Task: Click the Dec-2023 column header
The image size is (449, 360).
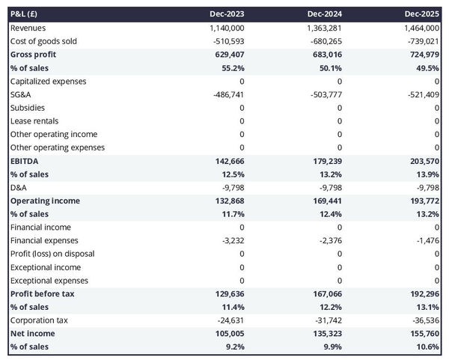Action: (x=228, y=14)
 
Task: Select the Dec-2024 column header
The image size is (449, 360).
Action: (x=326, y=14)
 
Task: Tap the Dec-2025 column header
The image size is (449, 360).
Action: (x=423, y=14)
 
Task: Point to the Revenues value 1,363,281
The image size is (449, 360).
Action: (x=323, y=28)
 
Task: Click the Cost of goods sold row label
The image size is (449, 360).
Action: (x=43, y=41)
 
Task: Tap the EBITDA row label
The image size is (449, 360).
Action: (x=25, y=161)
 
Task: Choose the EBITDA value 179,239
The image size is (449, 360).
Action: (x=326, y=161)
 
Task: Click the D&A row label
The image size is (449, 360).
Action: (x=19, y=187)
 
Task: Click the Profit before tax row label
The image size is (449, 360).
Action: (x=42, y=294)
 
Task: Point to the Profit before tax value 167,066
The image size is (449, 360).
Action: (x=326, y=294)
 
